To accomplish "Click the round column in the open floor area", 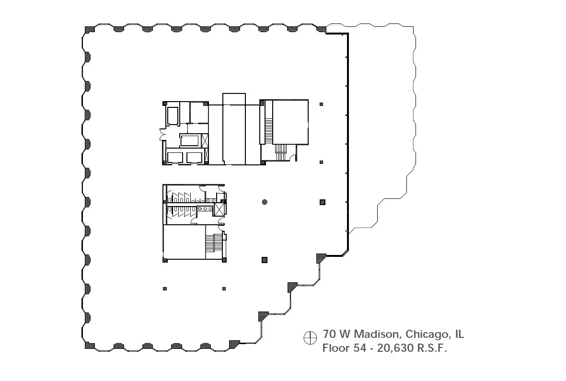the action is click(265, 202).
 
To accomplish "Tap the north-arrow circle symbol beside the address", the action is click(310, 338).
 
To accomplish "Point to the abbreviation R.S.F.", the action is click(432, 348).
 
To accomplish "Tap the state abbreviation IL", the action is click(460, 334).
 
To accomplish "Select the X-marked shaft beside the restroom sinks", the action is click(219, 209).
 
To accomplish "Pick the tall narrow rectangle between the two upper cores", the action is click(234, 129).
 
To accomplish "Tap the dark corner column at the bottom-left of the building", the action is click(90, 346).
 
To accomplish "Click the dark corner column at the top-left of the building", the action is click(90, 29).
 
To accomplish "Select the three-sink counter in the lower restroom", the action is click(205, 209).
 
